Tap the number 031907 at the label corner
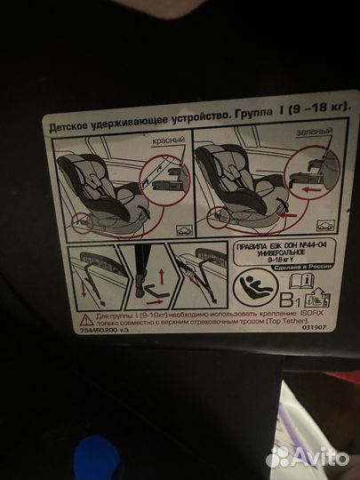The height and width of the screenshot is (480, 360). coord(336,339)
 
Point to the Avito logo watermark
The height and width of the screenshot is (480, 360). coord(307,455)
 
